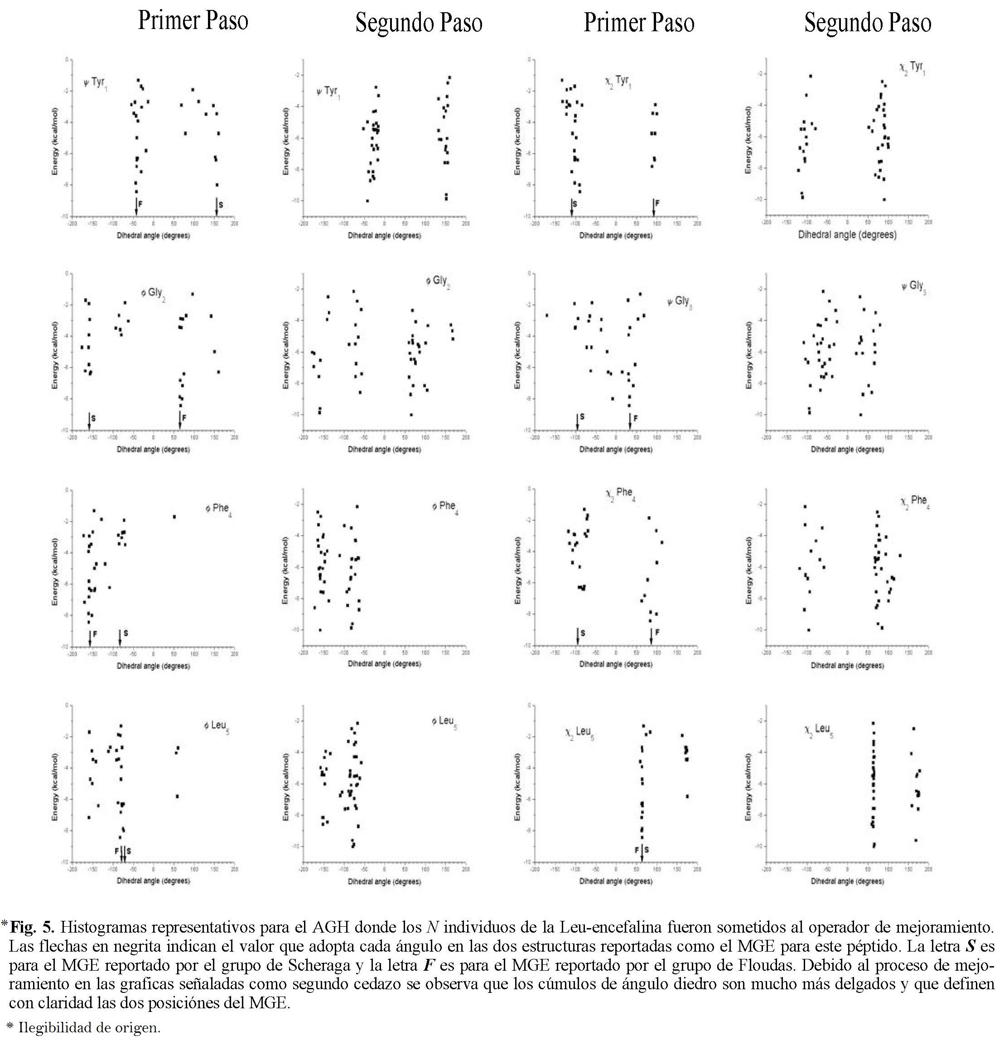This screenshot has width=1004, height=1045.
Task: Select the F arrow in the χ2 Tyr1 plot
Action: pos(653,207)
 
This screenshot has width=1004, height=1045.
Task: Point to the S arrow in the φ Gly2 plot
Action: pos(89,421)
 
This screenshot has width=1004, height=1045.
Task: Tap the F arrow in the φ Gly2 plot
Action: pos(179,421)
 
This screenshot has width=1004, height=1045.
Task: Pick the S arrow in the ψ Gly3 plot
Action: pos(577,421)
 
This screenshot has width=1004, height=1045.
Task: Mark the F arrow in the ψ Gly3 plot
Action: pos(630,421)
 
